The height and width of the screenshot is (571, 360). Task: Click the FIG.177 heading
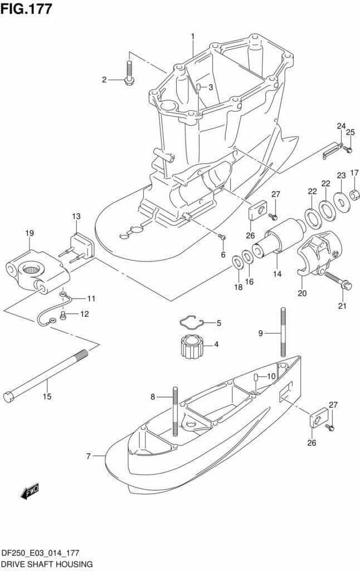coord(26,8)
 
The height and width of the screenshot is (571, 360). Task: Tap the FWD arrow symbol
coord(30,492)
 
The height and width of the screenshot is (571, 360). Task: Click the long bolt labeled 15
coord(46,376)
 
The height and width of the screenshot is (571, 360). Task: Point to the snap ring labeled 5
coord(192,322)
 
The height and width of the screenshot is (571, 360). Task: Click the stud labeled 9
coord(283,332)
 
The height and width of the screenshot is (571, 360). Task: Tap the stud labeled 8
coord(176,412)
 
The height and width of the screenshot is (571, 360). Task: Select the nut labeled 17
coord(354,195)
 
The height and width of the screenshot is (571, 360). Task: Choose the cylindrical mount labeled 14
coord(279,238)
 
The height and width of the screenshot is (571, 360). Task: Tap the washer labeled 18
coord(238,262)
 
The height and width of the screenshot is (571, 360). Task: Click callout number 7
coord(88,456)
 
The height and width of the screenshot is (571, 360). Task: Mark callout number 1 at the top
coord(193,36)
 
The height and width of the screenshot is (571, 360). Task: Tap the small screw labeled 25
coord(348,148)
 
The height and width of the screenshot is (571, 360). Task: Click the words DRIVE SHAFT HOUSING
coord(47,564)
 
